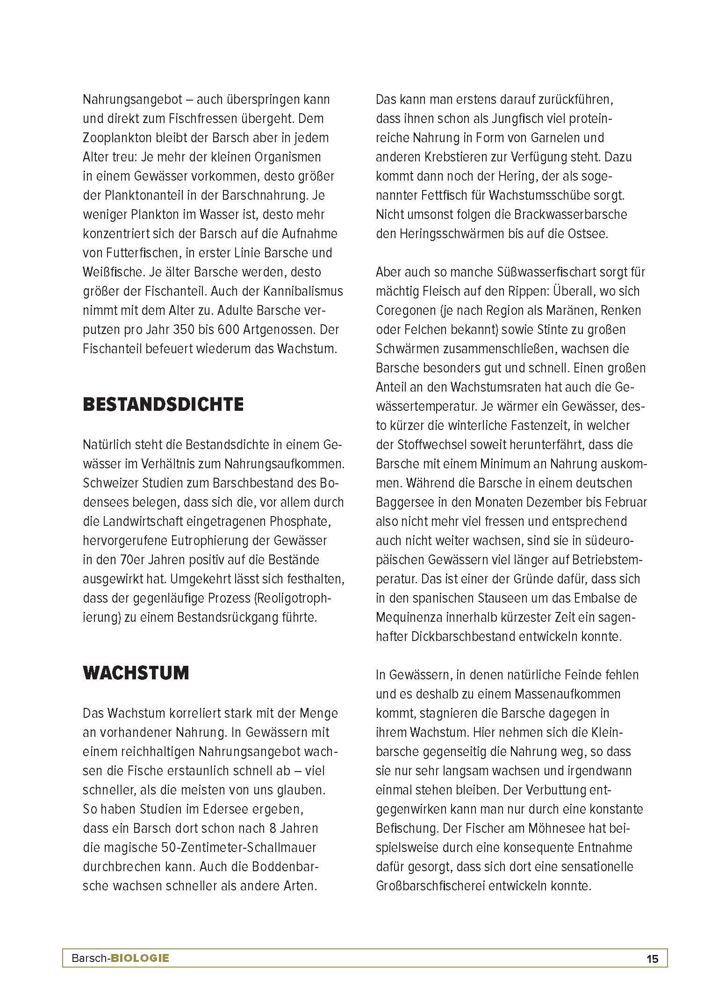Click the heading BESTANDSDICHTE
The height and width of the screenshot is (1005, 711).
pyautogui.click(x=163, y=405)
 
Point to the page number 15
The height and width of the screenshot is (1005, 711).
pyautogui.click(x=652, y=959)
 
